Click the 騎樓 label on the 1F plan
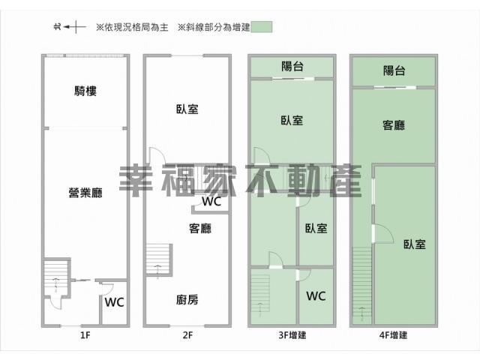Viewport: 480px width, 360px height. [85, 91]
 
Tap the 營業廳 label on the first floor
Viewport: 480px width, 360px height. [85, 193]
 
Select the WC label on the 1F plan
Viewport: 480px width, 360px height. [114, 302]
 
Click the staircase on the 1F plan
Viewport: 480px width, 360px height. [55, 277]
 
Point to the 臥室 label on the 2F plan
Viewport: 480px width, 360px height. [187, 109]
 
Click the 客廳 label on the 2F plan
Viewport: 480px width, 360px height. [200, 228]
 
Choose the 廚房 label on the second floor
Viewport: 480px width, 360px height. [187, 300]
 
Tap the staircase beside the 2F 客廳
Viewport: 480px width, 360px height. [158, 259]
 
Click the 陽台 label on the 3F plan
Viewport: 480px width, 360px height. [292, 66]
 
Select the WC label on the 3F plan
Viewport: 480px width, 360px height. [316, 296]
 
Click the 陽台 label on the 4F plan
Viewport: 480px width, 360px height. [394, 70]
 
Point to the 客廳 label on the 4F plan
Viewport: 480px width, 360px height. [394, 125]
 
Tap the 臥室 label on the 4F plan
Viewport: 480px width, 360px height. [415, 244]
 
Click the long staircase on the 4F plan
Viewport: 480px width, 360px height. [362, 285]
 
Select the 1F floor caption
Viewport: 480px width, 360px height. [85, 335]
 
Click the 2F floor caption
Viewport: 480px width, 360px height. [187, 335]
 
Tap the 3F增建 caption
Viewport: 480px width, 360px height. [292, 335]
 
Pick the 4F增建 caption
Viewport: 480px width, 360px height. [393, 335]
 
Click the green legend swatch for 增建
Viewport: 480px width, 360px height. [261, 27]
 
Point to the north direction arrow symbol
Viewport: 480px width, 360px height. [70, 27]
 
